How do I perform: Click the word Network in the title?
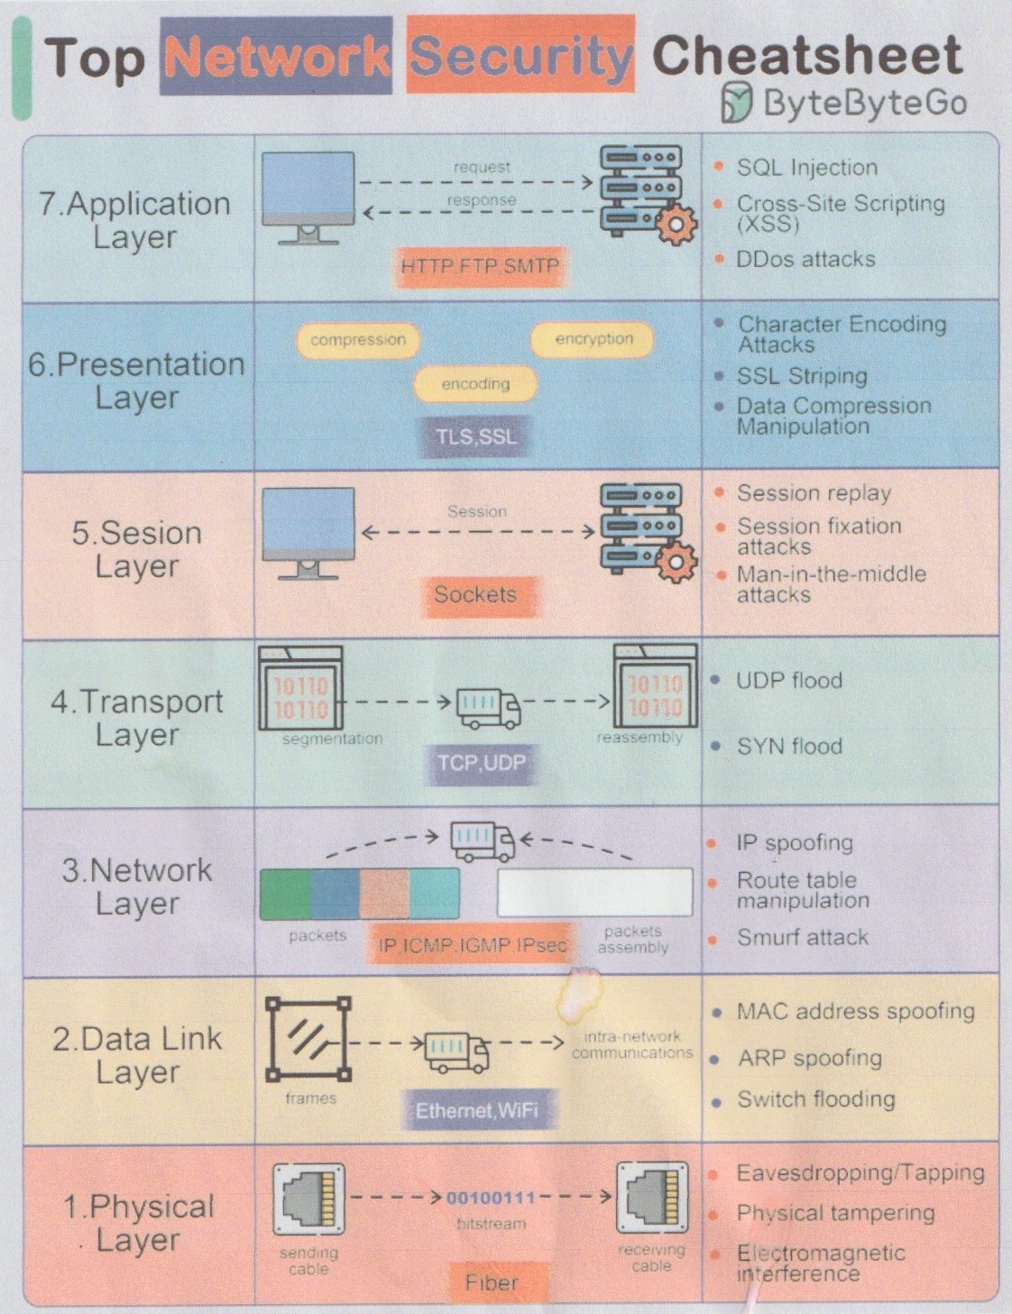pyautogui.click(x=276, y=57)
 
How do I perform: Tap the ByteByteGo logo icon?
pyautogui.click(x=736, y=102)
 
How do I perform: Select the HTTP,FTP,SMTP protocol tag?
pyautogui.click(x=481, y=267)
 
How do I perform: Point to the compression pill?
pyautogui.click(x=358, y=340)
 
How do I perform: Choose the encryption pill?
pyautogui.click(x=593, y=339)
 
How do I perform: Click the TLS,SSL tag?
pyautogui.click(x=476, y=436)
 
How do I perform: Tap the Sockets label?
pyautogui.click(x=475, y=594)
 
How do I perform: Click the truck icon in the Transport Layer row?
pyautogui.click(x=488, y=708)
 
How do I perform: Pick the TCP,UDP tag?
pyautogui.click(x=481, y=763)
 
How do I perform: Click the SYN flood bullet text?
pyautogui.click(x=789, y=747)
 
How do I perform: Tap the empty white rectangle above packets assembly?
pyautogui.click(x=594, y=893)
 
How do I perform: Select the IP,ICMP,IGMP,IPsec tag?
pyautogui.click(x=472, y=945)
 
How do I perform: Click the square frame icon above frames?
pyautogui.click(x=308, y=1038)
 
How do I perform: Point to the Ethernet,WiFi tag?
pyautogui.click(x=476, y=1110)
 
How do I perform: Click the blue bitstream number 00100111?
pyautogui.click(x=491, y=1198)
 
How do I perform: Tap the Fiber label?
pyautogui.click(x=492, y=1282)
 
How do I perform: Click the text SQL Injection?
pyautogui.click(x=806, y=168)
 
